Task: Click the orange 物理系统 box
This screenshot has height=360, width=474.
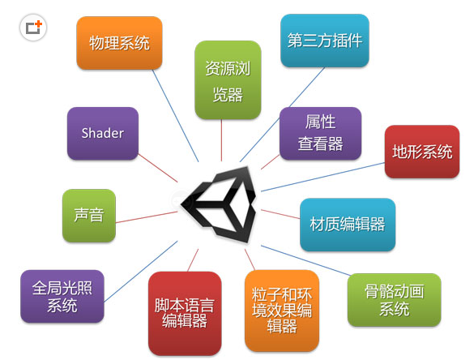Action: click(x=119, y=43)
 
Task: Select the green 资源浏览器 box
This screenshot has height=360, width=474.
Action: click(x=228, y=80)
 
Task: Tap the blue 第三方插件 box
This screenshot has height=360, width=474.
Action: click(x=325, y=41)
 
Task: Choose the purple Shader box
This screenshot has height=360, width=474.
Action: click(x=103, y=134)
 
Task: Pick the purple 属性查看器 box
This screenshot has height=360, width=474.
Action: click(x=320, y=134)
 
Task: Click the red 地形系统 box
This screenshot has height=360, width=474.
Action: click(x=422, y=152)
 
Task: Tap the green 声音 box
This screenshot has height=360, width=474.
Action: click(x=89, y=216)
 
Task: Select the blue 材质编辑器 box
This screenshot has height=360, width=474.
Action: click(x=348, y=225)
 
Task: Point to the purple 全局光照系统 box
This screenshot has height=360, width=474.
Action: click(x=62, y=296)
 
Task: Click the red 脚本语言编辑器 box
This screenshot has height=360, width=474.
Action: click(x=185, y=314)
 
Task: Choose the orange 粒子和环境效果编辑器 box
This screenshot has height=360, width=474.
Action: click(x=282, y=311)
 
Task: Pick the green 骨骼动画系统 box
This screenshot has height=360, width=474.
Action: click(x=395, y=300)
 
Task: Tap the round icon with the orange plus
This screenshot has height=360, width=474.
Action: click(x=33, y=28)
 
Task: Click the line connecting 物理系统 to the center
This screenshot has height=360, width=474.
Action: click(x=175, y=116)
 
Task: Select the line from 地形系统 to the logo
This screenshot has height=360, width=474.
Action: click(x=322, y=177)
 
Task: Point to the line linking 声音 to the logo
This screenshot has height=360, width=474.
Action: click(x=147, y=217)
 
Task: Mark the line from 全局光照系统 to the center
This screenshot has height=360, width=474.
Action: click(x=140, y=272)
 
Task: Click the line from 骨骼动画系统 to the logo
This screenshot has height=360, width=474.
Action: click(x=306, y=260)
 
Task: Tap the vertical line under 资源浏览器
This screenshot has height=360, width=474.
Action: click(x=221, y=140)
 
